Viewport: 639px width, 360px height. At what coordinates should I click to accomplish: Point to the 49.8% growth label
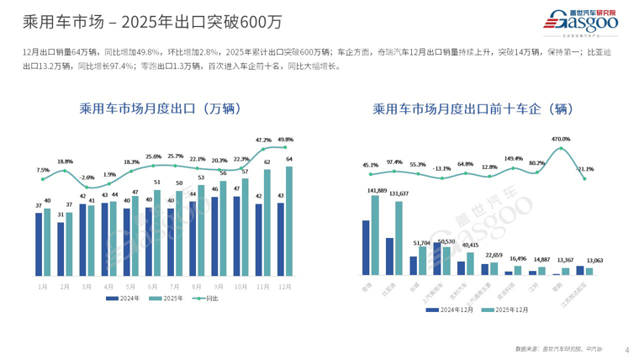285,140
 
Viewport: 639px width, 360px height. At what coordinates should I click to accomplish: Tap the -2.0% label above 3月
87,177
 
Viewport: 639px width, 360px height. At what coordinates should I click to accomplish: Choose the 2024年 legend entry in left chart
124,299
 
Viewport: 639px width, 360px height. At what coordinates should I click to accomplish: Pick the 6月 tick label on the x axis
152,286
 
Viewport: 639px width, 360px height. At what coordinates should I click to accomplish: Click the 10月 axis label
240,286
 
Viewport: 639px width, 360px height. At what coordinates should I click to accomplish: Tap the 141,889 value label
376,191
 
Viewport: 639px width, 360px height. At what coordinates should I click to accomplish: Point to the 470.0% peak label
560,139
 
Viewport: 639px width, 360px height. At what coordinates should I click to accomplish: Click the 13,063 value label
594,260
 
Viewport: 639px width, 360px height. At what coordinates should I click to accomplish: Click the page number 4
626,349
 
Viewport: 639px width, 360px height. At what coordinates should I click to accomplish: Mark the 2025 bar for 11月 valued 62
267,224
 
